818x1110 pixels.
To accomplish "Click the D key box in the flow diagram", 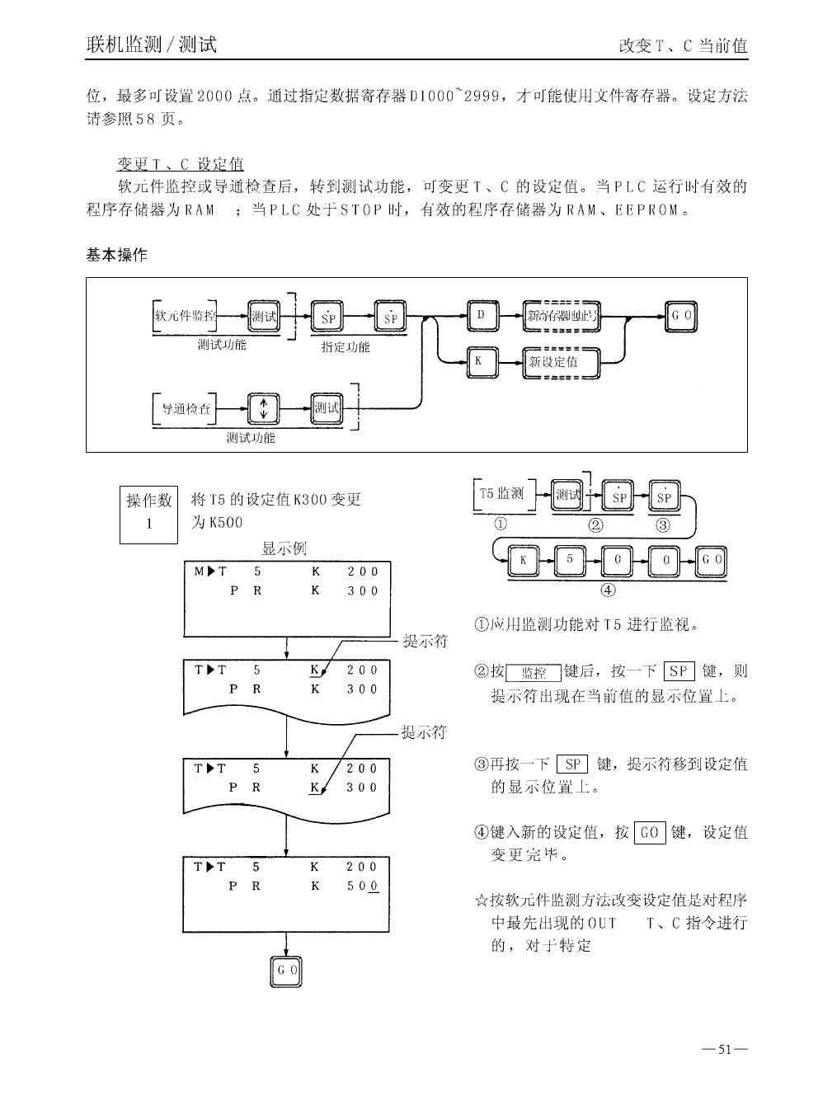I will [x=481, y=316].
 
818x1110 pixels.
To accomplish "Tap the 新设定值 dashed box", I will [x=561, y=362].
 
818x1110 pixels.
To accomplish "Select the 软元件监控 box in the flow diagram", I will [x=186, y=316].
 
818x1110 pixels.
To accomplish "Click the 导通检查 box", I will [x=186, y=408].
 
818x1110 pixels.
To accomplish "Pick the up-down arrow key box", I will [x=264, y=408].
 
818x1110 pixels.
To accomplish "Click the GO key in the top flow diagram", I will [x=681, y=316].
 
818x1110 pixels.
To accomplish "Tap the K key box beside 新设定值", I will [x=481, y=362].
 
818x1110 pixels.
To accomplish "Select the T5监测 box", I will [x=502, y=494].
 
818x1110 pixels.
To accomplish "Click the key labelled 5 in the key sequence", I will [x=569, y=561].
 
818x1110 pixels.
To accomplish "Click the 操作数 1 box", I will [x=148, y=512].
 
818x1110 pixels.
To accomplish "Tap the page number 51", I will [x=726, y=1050].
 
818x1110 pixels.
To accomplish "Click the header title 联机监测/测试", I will [x=152, y=45].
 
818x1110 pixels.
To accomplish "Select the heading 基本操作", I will [x=117, y=255].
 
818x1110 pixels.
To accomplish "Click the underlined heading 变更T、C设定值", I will [x=180, y=163].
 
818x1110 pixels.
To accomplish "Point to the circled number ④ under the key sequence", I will [x=609, y=589].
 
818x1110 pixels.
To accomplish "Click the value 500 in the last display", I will [x=362, y=887].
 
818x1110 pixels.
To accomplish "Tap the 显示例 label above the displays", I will [x=284, y=549].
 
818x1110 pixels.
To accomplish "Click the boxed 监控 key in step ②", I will [x=534, y=673].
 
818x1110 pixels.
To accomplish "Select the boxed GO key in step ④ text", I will [x=650, y=833].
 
